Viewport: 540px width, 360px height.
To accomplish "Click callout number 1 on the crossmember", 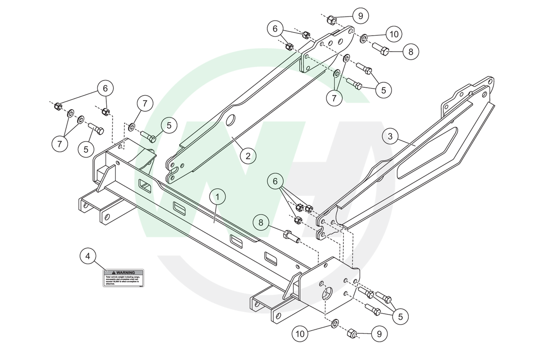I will tap(218, 196).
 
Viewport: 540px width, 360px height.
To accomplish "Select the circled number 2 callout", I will tap(248, 156).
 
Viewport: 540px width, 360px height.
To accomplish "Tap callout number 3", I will tap(390, 137).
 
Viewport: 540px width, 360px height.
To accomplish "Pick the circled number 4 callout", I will tap(88, 256).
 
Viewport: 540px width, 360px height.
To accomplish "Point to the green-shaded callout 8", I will tap(261, 222).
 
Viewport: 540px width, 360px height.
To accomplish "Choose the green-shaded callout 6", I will tap(275, 181).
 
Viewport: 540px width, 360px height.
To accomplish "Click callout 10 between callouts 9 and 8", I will tap(393, 34).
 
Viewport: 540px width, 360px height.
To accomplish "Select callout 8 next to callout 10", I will tap(411, 52).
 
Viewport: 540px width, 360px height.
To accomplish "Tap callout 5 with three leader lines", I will tap(400, 316).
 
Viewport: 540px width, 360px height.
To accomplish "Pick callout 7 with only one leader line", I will tap(145, 104).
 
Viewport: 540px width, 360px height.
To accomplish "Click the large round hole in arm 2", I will tap(230, 120).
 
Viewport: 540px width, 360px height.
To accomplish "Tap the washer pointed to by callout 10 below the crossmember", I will tap(334, 321).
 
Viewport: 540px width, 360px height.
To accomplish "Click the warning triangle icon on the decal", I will tap(114, 272).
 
